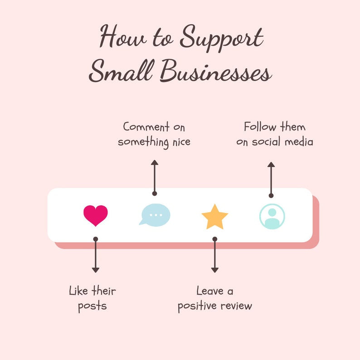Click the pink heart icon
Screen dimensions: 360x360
tap(96, 215)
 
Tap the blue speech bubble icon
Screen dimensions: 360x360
tap(155, 215)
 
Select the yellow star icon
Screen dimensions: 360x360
tap(214, 217)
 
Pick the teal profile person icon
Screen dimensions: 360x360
tap(272, 217)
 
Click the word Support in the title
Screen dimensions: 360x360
tap(222, 39)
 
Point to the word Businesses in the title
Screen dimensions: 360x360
tap(216, 70)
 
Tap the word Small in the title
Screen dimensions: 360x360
tap(122, 70)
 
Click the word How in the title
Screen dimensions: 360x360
tap(123, 37)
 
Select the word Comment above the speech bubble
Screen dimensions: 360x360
tap(146, 127)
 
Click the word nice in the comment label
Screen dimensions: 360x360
tap(181, 142)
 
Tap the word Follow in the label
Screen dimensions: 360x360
tap(260, 127)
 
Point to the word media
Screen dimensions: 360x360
tap(299, 141)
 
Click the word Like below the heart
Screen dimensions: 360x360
tap(78, 291)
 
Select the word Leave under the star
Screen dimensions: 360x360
tap(210, 291)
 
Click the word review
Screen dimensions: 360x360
tap(237, 306)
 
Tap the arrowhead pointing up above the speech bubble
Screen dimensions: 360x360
tap(155, 163)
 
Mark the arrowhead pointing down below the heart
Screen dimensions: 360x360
tap(96, 270)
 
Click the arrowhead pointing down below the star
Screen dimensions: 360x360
tap(214, 270)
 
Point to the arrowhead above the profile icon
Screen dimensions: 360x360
tap(271, 165)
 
